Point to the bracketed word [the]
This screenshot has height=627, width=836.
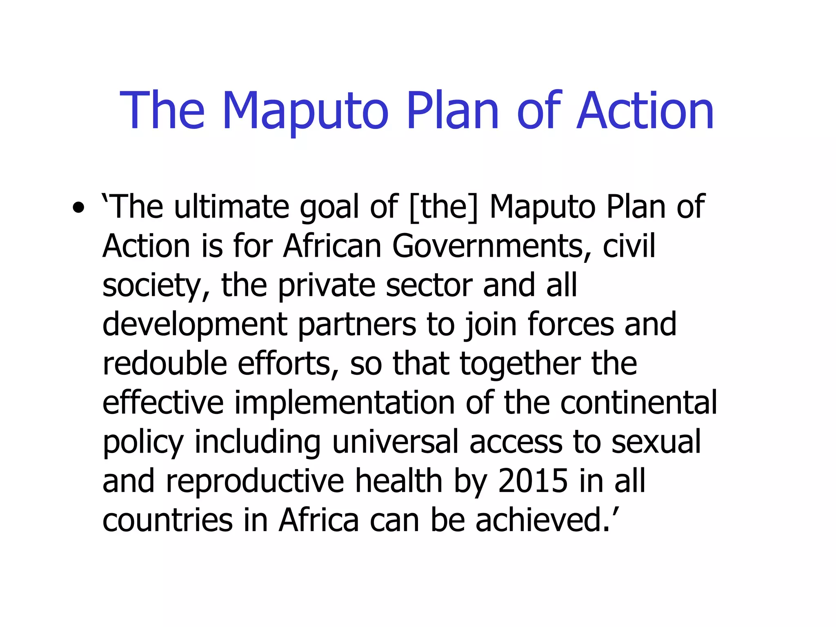coord(443,207)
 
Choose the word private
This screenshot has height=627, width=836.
coord(326,286)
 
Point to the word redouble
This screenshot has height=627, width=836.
coord(165,363)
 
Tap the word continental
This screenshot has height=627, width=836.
coord(638,402)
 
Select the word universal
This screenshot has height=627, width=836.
coord(395,442)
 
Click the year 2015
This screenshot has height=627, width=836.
coord(533,481)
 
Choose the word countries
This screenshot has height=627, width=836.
coord(167,520)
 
